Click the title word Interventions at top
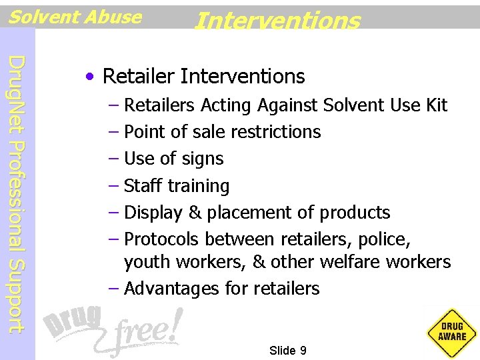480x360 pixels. pyautogui.click(x=277, y=20)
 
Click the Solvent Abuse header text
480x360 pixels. pyautogui.click(x=75, y=17)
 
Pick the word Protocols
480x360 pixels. pyautogui.click(x=163, y=239)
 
